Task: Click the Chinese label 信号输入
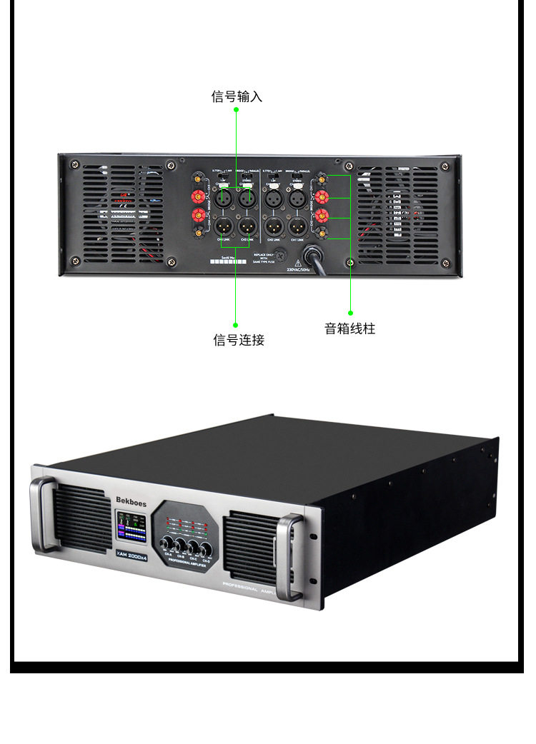coord(237,96)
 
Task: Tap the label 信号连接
coord(239,340)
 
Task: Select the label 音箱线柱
coord(349,328)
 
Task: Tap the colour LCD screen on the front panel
coord(131,527)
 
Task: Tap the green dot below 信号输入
coord(237,109)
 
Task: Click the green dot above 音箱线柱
coord(350,312)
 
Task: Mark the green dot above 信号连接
coord(236,325)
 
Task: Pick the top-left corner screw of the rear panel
coord(74,166)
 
